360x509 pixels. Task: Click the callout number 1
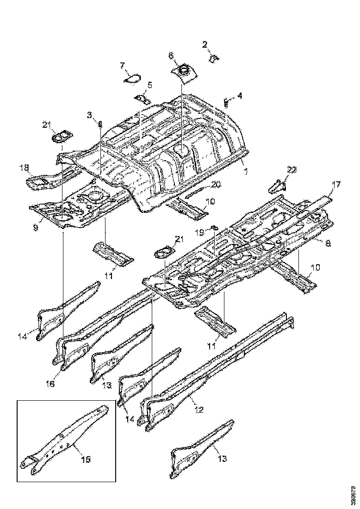click(x=246, y=171)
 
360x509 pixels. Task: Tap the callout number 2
click(x=205, y=45)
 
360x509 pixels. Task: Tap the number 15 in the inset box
click(x=86, y=459)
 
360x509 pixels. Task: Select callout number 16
click(x=50, y=384)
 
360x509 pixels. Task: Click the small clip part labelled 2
click(x=214, y=58)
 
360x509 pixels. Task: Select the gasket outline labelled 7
click(x=133, y=79)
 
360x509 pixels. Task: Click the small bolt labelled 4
click(x=226, y=102)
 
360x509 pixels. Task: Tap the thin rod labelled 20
click(x=195, y=191)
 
